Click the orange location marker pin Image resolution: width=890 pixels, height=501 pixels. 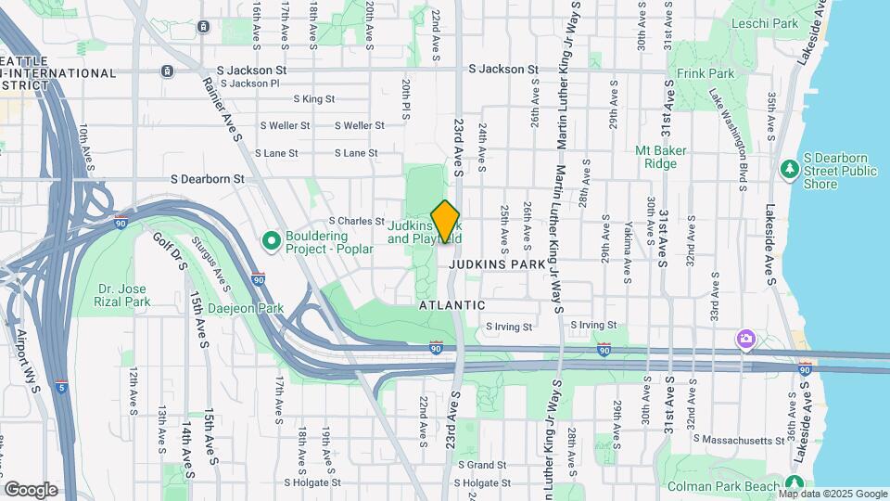point(446,222)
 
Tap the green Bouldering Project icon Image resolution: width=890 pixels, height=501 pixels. point(272,241)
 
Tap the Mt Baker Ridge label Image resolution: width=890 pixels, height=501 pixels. point(667,157)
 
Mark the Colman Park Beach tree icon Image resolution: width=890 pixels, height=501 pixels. point(794,483)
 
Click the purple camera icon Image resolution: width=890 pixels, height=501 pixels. point(745,340)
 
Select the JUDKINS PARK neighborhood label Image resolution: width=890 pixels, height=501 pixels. point(496,264)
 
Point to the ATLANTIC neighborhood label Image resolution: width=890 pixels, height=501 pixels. point(451,304)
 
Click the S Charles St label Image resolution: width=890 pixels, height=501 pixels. point(356,222)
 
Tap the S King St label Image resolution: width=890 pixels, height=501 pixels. point(313,98)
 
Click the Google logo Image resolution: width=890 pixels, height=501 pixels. point(31,489)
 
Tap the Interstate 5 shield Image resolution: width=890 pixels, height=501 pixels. point(61,386)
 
